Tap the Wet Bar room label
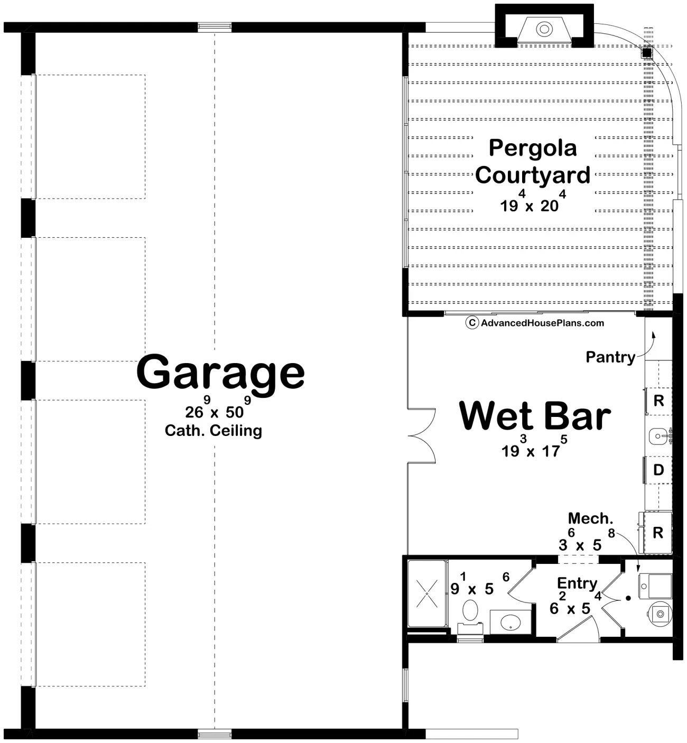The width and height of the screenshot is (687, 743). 535,416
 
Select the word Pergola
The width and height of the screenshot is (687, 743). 532,148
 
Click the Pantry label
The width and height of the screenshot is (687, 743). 610,357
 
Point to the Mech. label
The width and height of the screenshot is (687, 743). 590,518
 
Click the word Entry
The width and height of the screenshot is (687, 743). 577,583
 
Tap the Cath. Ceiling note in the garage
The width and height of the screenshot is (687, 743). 213,431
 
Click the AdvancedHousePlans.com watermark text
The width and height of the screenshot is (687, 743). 542,323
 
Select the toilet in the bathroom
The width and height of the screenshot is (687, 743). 469,613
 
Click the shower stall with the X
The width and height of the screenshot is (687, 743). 426,593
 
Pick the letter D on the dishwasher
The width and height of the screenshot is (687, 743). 658,470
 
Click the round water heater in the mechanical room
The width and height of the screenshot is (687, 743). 660,614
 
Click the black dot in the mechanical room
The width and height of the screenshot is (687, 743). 628,599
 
